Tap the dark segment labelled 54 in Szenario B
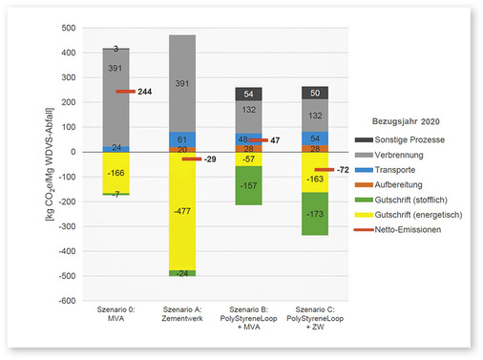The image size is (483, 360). tap(246, 94)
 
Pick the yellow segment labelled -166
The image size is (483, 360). tap(115, 173)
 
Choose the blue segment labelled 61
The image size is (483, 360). tap(181, 139)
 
